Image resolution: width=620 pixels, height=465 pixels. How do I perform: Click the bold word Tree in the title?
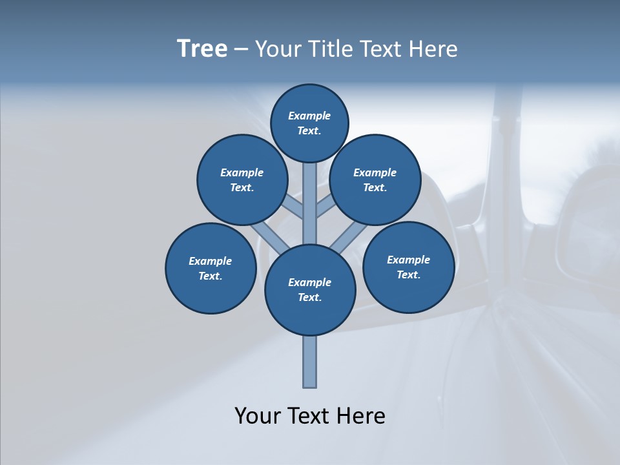click(x=202, y=49)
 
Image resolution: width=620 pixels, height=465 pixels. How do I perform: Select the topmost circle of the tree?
click(x=309, y=123)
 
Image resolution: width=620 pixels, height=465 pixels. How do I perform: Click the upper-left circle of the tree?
click(x=242, y=180)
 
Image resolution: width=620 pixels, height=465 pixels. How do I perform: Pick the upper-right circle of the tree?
click(x=375, y=180)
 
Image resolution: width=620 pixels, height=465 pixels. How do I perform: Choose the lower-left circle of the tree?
click(x=211, y=268)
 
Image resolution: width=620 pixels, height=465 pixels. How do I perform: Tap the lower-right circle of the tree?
click(x=408, y=267)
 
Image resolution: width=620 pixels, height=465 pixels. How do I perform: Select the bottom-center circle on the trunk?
click(x=310, y=289)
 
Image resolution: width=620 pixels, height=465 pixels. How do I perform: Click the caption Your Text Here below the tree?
click(x=310, y=416)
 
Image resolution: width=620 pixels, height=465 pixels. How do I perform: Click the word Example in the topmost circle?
click(x=309, y=116)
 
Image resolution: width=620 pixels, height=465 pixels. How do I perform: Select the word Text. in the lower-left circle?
click(x=211, y=276)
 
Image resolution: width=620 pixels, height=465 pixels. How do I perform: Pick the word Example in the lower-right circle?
click(x=408, y=260)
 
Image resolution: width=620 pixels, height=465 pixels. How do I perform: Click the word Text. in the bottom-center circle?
click(x=310, y=297)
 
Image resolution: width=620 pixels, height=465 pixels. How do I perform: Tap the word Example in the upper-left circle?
click(x=242, y=172)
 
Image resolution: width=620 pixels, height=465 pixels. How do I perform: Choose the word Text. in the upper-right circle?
click(x=375, y=187)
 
